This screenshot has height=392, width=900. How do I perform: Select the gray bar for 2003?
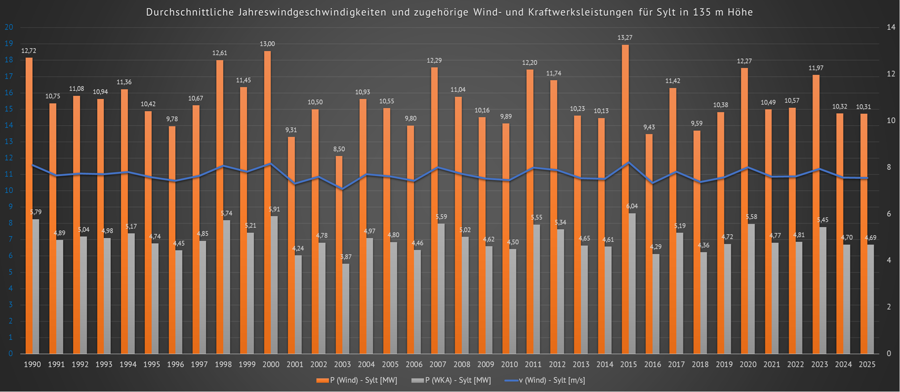pyautogui.click(x=345, y=309)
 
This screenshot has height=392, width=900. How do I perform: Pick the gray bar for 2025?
pyautogui.click(x=871, y=299)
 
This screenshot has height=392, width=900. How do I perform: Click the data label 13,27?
pyautogui.click(x=625, y=38)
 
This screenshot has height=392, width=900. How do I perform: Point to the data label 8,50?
pyautogui.click(x=339, y=149)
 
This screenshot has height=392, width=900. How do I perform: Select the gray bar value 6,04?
pyautogui.click(x=632, y=207)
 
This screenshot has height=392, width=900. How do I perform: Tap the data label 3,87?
pyautogui.click(x=345, y=257)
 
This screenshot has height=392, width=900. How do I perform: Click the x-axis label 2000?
pyautogui.click(x=271, y=365)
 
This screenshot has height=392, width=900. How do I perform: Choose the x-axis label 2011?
pyautogui.click(x=533, y=365)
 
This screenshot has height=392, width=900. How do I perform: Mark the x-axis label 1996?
pyautogui.click(x=175, y=365)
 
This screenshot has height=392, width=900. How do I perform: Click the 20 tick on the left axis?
pyautogui.click(x=9, y=27)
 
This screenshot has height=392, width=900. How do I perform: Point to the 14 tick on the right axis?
pyautogui.click(x=891, y=27)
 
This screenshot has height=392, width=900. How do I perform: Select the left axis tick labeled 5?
pyautogui.click(x=11, y=272)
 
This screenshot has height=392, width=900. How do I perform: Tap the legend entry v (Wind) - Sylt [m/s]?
pyautogui.click(x=552, y=380)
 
